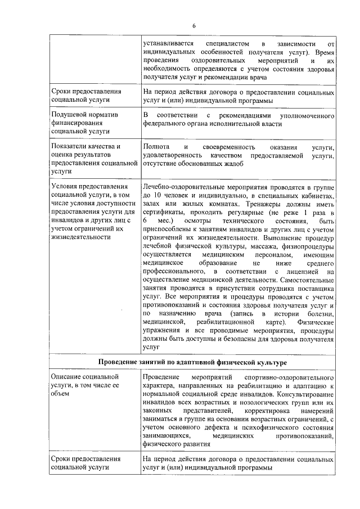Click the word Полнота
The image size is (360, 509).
[156, 147]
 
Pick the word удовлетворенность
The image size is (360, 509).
[173, 155]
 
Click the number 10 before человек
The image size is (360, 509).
[156, 195]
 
